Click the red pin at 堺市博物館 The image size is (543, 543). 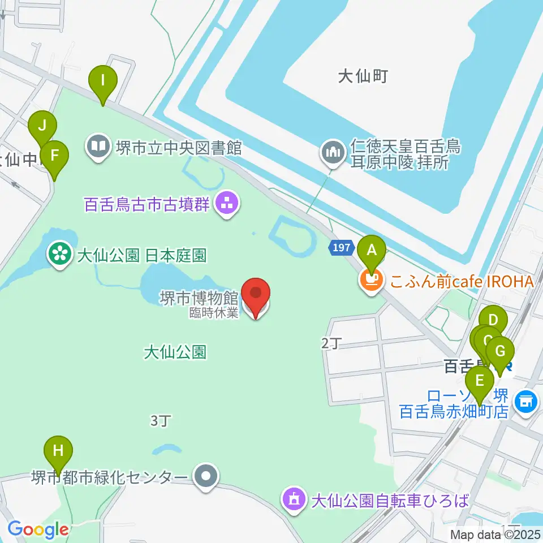click(256, 295)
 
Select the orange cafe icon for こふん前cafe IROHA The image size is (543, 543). click(370, 280)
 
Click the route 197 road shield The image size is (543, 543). click(341, 248)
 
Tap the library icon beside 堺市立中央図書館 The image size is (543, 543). click(99, 148)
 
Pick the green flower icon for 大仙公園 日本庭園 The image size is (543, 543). click(59, 254)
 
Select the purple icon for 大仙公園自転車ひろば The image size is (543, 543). click(294, 500)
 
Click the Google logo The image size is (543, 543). click(38, 529)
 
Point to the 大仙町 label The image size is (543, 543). click(363, 76)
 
